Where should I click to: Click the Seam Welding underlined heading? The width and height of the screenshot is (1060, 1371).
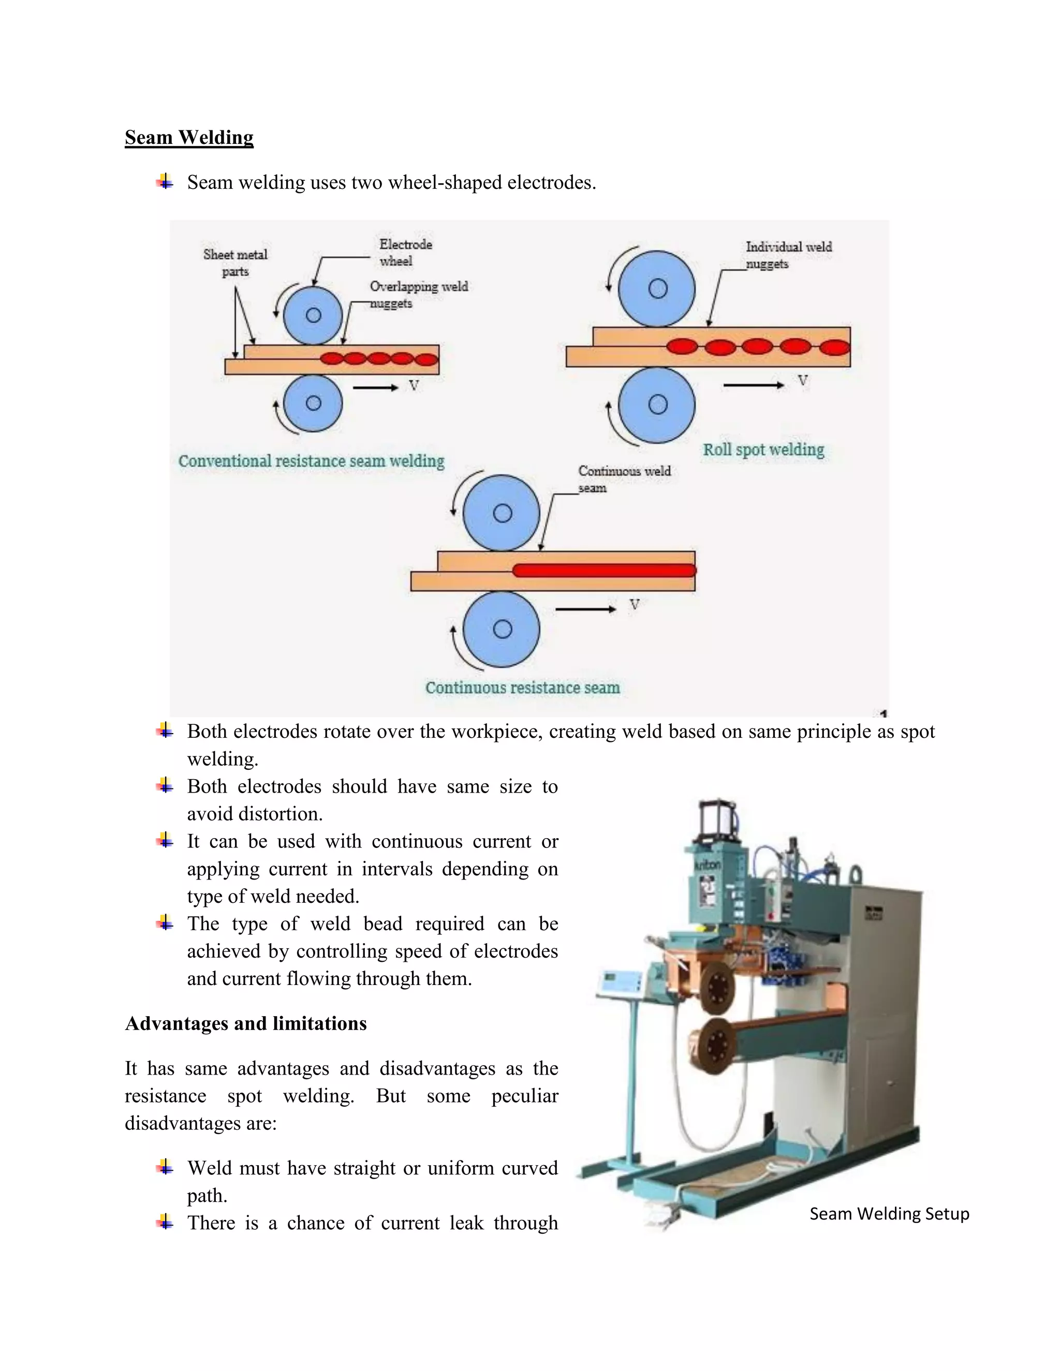[189, 138]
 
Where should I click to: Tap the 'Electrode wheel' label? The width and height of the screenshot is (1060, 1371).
[405, 252]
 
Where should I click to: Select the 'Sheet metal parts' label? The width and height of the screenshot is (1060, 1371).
[235, 262]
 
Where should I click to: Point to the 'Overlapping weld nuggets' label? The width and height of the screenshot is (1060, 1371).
[418, 294]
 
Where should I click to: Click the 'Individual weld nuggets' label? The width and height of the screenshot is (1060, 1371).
[788, 255]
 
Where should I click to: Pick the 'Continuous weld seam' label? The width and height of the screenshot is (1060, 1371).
[624, 479]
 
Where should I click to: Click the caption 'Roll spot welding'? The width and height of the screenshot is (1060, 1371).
[763, 450]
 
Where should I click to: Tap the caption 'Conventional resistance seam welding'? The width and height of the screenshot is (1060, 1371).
[311, 461]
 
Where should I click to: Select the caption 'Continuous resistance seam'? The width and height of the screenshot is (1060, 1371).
[522, 688]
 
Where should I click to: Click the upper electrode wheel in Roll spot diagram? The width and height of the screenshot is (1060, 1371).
[657, 289]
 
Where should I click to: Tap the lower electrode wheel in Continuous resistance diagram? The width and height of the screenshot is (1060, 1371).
[501, 629]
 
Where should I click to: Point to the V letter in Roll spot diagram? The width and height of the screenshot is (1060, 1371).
[803, 380]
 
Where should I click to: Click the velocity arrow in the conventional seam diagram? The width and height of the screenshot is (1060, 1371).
[375, 388]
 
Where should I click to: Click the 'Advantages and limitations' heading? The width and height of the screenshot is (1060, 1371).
[245, 1023]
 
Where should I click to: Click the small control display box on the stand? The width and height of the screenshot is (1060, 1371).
[619, 982]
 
